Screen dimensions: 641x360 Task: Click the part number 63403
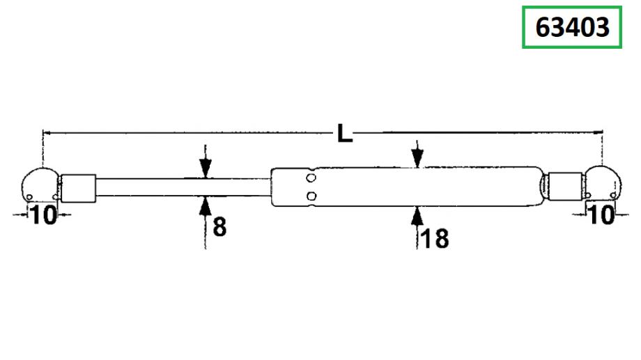(x=572, y=27)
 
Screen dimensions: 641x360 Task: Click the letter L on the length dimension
(x=345, y=133)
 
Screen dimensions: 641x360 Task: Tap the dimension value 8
(x=219, y=226)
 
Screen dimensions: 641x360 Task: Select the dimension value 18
(x=434, y=239)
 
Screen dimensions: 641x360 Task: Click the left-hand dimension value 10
(x=43, y=215)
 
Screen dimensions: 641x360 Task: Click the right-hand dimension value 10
(x=601, y=214)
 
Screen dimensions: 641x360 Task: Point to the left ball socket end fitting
(x=40, y=185)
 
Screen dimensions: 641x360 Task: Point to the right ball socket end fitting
(x=603, y=182)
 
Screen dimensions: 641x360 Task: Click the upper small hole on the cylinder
(x=311, y=178)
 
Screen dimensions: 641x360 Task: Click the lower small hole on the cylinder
(x=311, y=196)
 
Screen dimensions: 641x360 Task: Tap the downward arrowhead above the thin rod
(x=206, y=169)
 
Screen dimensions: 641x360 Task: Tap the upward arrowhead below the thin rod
(x=206, y=206)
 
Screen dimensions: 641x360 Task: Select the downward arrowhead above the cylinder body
(x=417, y=158)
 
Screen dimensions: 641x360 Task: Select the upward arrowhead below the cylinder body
(x=417, y=217)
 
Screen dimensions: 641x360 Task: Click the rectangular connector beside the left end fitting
(x=79, y=188)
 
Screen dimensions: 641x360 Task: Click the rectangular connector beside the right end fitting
(x=565, y=187)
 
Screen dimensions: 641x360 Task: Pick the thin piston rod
(x=183, y=187)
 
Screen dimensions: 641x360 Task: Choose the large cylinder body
(x=407, y=187)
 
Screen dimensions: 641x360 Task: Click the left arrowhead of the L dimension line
(x=47, y=133)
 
